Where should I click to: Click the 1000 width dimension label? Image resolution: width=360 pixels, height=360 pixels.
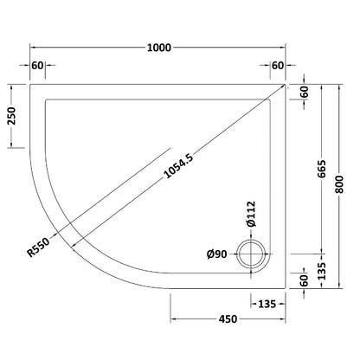tap(159, 48)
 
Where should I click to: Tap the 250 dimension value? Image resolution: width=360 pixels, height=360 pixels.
tap(12, 116)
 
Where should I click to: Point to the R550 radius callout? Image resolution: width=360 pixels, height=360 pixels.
tap(38, 247)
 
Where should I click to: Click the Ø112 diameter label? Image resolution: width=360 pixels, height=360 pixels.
tap(251, 214)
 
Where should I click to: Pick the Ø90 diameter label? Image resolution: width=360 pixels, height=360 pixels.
tap(217, 254)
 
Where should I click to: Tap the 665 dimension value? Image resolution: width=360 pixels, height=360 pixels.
tap(322, 169)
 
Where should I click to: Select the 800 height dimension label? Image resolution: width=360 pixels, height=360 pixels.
tap(340, 184)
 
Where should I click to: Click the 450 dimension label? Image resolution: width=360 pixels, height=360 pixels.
tap(228, 319)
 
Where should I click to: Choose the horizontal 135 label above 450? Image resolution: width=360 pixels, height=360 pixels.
tap(267, 304)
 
